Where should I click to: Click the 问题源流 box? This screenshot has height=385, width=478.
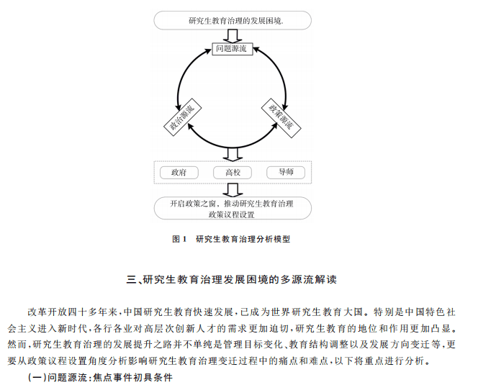(233, 48)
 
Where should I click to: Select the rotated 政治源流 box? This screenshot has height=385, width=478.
(183, 117)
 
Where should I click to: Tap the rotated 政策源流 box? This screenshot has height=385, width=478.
(281, 118)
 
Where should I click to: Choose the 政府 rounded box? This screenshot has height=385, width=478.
(179, 173)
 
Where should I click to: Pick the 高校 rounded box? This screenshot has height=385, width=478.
(233, 173)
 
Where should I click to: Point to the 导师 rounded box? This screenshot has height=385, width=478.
(286, 173)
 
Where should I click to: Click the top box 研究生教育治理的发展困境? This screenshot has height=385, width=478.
(233, 21)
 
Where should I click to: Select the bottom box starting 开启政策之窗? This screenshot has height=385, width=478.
(233, 209)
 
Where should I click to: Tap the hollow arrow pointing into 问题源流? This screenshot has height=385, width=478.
(233, 36)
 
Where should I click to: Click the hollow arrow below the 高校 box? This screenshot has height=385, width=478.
(233, 190)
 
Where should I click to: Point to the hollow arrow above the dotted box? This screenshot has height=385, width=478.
(233, 155)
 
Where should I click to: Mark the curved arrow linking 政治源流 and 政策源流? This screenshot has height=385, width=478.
(233, 148)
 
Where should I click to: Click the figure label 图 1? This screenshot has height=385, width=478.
(179, 240)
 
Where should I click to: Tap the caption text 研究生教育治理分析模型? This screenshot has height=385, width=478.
(243, 240)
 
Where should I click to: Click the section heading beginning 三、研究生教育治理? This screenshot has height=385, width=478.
(232, 279)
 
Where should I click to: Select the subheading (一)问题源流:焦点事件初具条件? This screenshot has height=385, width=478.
(100, 377)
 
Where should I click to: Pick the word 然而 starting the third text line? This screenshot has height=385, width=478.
(17, 345)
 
